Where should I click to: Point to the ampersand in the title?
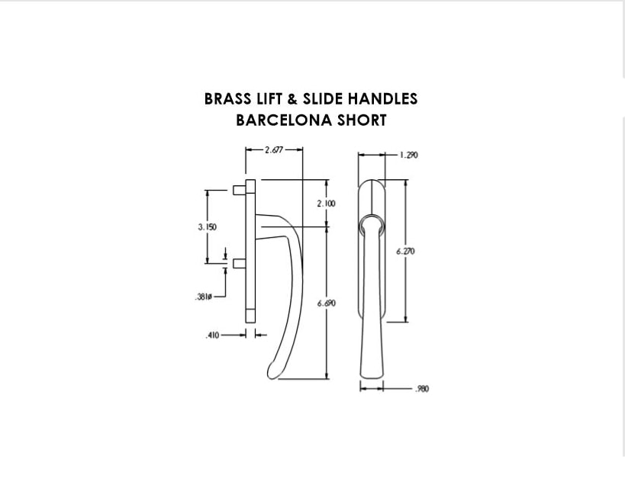292,99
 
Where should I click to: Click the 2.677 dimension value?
274,149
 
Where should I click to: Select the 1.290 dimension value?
409,155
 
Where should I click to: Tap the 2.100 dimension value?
326,204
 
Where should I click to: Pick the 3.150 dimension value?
208,227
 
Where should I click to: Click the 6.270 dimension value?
405,252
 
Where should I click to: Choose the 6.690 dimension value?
327,303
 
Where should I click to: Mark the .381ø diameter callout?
203,297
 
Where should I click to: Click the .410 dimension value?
212,335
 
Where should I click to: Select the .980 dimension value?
422,389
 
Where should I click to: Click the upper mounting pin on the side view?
239,191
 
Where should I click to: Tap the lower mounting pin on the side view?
239,263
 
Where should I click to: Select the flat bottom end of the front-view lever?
372,377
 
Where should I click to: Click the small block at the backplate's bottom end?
250,316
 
